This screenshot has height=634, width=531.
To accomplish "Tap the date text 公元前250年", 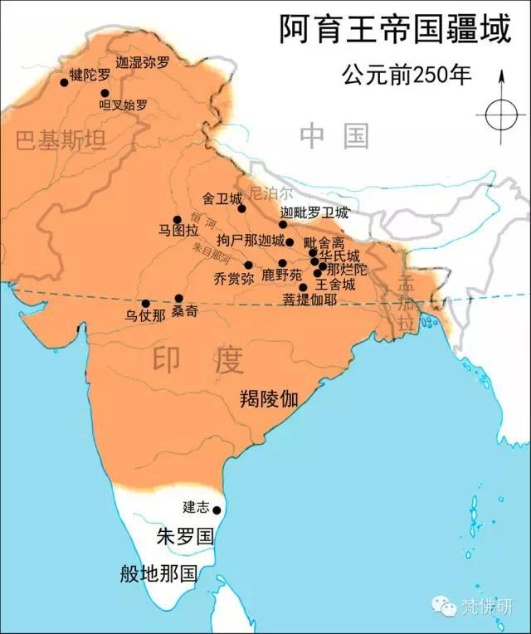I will pyautogui.click(x=407, y=75).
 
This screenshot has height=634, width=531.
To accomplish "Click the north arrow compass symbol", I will pyautogui.click(x=501, y=114).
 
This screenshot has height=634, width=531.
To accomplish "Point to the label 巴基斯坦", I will pyautogui.click(x=61, y=140).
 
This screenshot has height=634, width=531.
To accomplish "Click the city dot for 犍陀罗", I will pyautogui.click(x=64, y=81).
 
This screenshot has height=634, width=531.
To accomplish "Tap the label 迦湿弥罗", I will pyautogui.click(x=143, y=61).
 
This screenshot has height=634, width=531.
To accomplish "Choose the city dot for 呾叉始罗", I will pyautogui.click(x=105, y=93).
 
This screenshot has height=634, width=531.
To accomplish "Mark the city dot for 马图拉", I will pyautogui.click(x=177, y=220).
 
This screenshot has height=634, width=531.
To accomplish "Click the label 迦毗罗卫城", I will pyautogui.click(x=314, y=213).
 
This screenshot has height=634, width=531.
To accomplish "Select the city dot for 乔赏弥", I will pyautogui.click(x=248, y=265).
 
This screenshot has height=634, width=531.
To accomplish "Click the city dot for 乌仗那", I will pyautogui.click(x=145, y=304).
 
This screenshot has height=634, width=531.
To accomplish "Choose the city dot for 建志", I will pyautogui.click(x=217, y=510).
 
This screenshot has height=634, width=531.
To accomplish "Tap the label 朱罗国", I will pyautogui.click(x=185, y=536).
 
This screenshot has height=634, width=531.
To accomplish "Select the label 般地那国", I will pyautogui.click(x=157, y=573).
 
